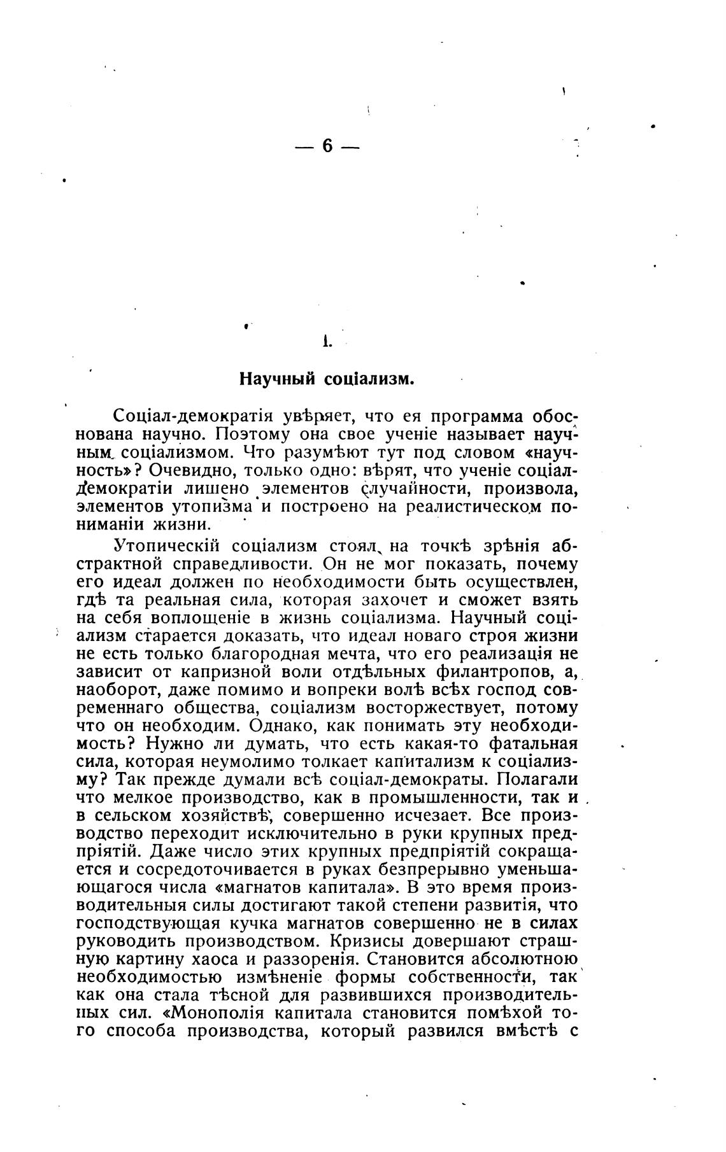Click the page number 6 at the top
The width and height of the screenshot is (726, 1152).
click(327, 146)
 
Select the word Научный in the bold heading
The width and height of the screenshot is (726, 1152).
click(277, 379)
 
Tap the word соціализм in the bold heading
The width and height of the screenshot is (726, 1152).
click(369, 379)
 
